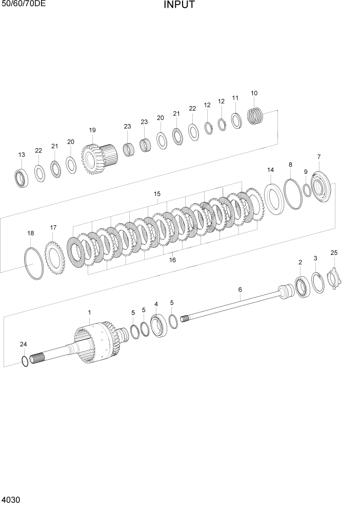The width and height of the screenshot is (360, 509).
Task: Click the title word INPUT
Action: (x=179, y=6)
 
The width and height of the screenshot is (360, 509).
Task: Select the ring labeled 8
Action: (x=292, y=193)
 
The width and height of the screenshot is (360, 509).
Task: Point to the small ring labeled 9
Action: (x=306, y=190)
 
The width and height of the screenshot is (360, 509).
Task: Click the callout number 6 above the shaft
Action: (x=239, y=290)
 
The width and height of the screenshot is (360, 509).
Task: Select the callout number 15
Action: (x=157, y=194)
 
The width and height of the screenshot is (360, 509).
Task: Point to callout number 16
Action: (x=172, y=260)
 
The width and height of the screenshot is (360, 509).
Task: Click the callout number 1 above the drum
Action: (x=89, y=312)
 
